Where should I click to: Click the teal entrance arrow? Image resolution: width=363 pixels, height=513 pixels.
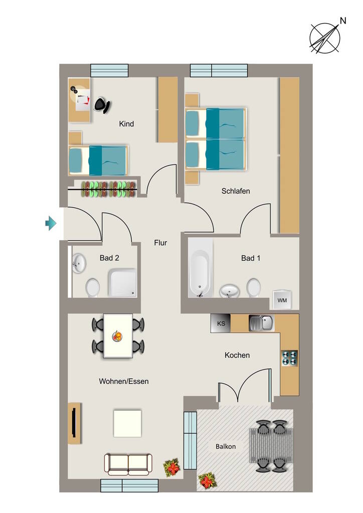tap(51, 223)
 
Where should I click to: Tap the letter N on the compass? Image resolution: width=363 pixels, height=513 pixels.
tap(343, 21)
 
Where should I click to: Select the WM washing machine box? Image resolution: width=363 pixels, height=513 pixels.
tap(282, 300)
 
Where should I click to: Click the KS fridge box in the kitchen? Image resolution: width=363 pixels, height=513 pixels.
tap(221, 324)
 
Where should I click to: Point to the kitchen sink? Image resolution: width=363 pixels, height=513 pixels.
tap(262, 323)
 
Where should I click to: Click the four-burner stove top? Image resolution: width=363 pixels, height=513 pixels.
tap(290, 358)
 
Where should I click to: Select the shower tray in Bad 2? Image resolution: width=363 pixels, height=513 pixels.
tap(122, 283)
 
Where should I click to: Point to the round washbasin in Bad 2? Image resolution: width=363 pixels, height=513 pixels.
tap(79, 263)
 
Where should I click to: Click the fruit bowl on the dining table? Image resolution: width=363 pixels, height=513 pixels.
tap(117, 336)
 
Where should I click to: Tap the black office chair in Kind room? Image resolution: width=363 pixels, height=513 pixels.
tap(102, 105)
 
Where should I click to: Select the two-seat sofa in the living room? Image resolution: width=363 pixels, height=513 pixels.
tap(128, 464)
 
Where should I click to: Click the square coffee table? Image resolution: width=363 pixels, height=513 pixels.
tap(127, 423)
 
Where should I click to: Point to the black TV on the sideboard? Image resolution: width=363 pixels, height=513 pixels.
tap(74, 422)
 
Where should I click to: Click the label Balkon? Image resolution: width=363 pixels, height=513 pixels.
tap(226, 446)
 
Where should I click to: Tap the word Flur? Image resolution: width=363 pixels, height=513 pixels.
tap(160, 243)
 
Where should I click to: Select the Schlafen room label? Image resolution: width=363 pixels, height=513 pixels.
tap(236, 191)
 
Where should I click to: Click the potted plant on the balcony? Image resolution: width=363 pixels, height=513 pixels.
tap(207, 481)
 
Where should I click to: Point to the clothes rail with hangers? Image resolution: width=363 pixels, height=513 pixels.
tap(102, 189)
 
